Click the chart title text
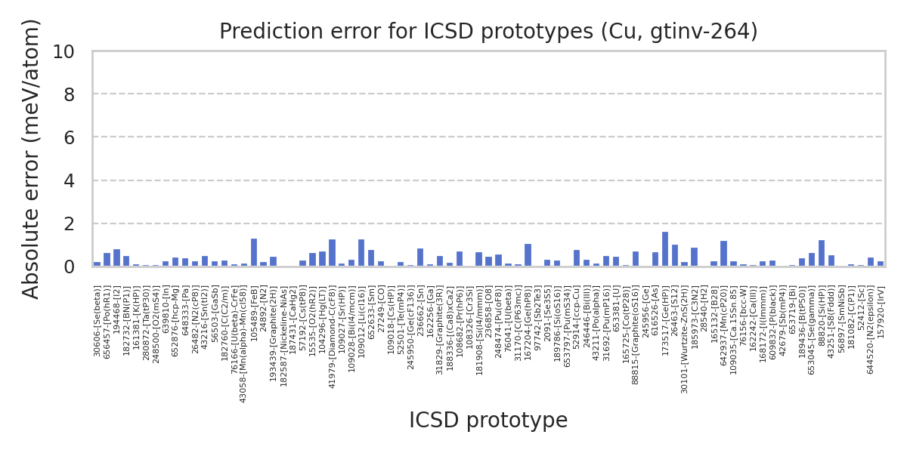coord(488,32)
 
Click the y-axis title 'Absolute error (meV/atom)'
coord(31,159)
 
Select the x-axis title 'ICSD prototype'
coord(488,421)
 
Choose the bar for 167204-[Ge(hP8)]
coord(528,255)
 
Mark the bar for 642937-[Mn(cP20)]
coord(723,254)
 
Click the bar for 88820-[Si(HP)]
coord(822,253)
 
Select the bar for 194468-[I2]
coord(116,257)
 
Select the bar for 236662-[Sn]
coord(420,257)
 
